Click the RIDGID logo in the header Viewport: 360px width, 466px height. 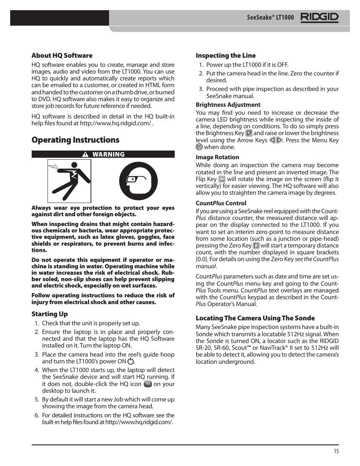[319, 17]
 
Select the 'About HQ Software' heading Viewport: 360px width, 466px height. [62, 55]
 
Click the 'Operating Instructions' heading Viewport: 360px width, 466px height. [75, 140]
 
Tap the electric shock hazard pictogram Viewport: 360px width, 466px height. [69, 181]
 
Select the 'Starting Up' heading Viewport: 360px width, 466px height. [49, 314]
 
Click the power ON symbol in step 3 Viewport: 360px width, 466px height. [131, 361]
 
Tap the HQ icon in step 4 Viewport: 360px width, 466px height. [148, 384]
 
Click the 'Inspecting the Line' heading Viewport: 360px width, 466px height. [225, 55]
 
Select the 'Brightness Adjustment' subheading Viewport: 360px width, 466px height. [228, 105]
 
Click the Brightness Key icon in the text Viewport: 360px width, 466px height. [249, 133]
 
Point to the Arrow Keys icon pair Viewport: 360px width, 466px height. [276, 140]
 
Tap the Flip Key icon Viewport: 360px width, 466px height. [222, 179]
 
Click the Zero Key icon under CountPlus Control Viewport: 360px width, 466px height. [256, 246]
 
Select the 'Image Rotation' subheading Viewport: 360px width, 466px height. [217, 157]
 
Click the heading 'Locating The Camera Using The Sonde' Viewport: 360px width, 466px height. [255, 318]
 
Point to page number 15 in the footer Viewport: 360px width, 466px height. [336, 451]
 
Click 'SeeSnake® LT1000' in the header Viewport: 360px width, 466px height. [270, 17]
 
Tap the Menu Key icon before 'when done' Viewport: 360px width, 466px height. [199, 147]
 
